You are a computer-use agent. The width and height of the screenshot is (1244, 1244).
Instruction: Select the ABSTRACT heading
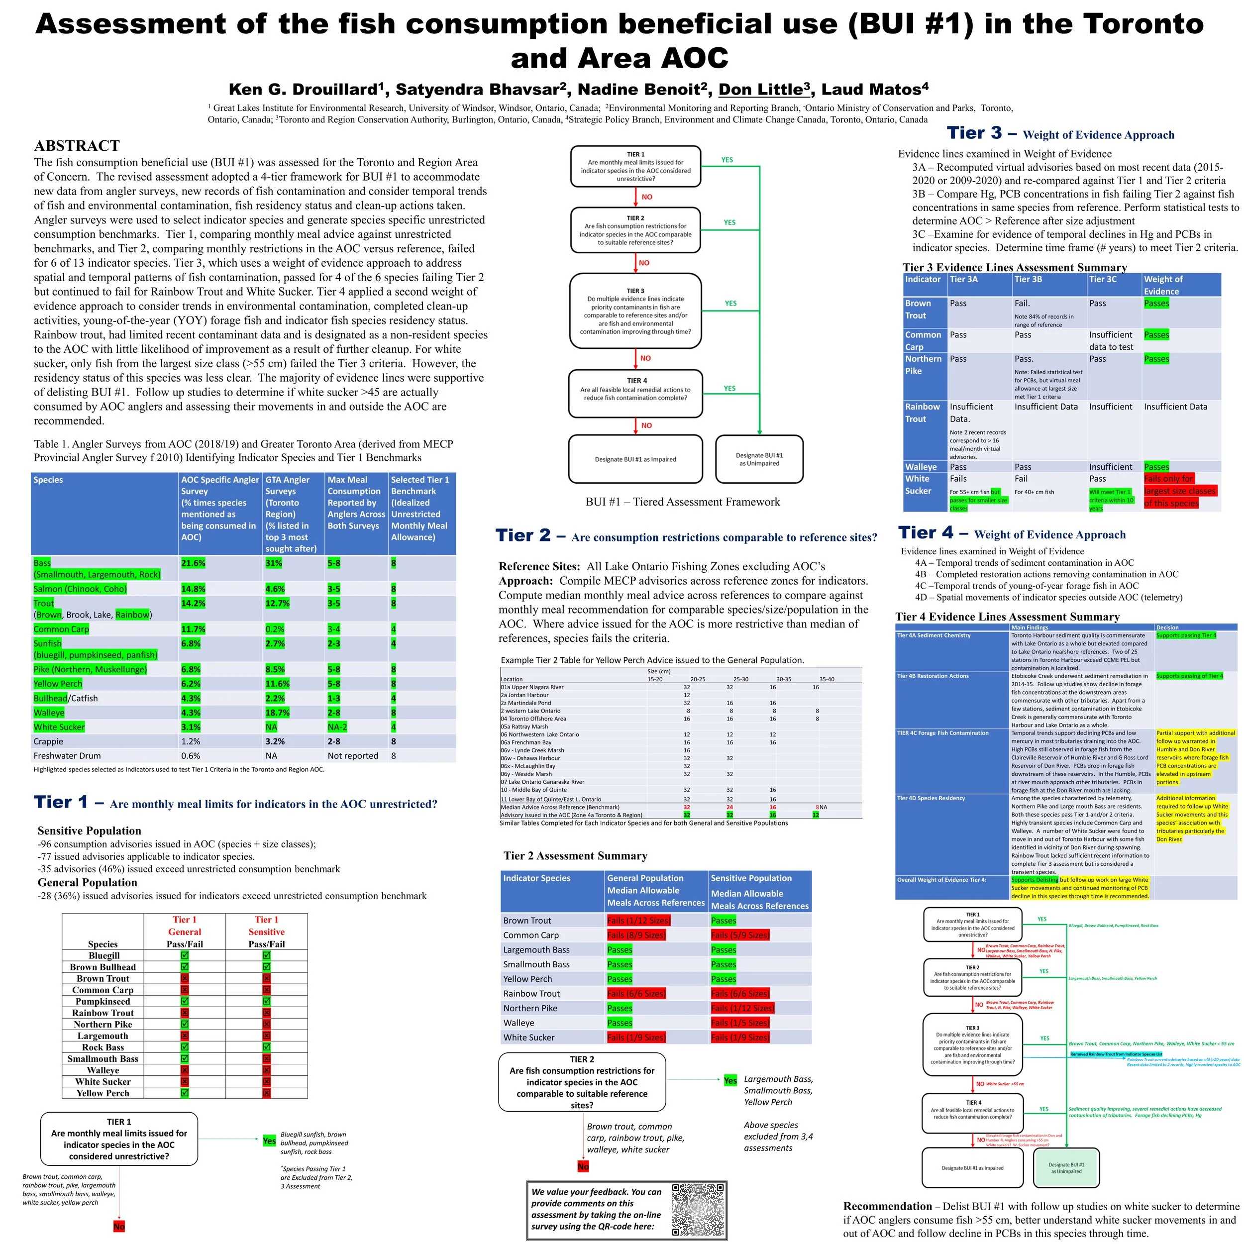tap(77, 145)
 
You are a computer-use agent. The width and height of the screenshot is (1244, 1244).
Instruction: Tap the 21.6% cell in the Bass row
tap(193, 563)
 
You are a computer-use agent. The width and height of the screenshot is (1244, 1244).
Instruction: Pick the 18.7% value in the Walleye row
tap(278, 713)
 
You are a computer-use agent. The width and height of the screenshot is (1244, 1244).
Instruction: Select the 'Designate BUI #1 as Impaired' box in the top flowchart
tap(635, 459)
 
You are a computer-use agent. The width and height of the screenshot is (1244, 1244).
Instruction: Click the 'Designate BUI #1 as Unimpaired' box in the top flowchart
tap(759, 459)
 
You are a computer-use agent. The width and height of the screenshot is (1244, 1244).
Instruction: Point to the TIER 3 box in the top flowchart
tap(635, 311)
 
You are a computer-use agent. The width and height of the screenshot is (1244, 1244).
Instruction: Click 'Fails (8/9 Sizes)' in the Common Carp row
tap(636, 935)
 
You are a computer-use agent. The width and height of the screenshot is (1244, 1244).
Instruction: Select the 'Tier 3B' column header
tap(1029, 280)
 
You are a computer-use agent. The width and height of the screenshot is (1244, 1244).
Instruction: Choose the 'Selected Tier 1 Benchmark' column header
tap(421, 509)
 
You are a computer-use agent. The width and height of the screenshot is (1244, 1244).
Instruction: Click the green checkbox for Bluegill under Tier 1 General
tap(185, 955)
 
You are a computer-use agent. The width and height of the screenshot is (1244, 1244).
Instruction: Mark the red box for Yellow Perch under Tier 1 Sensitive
tap(267, 1093)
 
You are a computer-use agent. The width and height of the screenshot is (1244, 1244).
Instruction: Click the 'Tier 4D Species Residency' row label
tap(931, 799)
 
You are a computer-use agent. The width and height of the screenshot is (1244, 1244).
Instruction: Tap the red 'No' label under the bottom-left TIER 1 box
tap(119, 1227)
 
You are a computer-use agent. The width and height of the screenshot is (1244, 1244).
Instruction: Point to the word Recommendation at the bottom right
tap(887, 1206)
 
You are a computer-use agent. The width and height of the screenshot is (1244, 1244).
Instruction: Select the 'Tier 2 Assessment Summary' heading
tap(575, 856)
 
